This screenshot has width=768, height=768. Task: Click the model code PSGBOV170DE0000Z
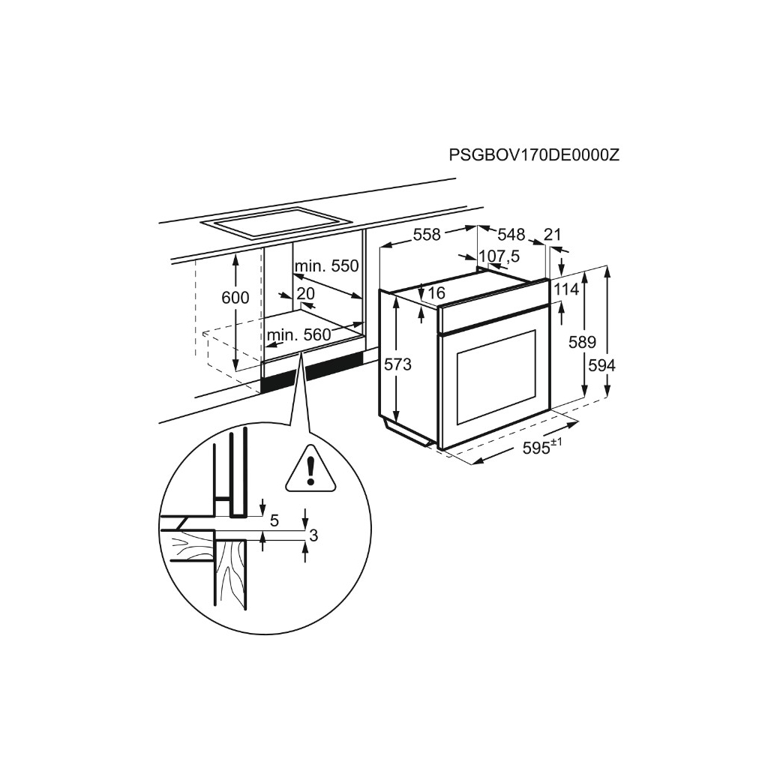point(533,155)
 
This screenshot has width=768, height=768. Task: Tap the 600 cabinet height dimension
point(235,298)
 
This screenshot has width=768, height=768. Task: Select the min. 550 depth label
point(326,265)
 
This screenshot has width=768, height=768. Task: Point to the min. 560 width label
point(298,335)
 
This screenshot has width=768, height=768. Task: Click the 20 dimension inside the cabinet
point(305,293)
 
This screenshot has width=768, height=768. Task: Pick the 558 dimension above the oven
point(427,235)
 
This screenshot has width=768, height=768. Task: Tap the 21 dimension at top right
point(552,235)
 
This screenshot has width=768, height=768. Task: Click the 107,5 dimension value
point(499,256)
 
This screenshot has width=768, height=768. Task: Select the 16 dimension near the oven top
point(436,292)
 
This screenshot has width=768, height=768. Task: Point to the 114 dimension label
point(567,289)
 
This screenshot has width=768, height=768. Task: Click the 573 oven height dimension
point(398,364)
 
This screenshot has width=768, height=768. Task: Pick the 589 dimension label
point(582,343)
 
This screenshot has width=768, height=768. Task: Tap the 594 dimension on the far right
point(601,365)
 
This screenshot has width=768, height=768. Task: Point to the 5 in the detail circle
point(274,519)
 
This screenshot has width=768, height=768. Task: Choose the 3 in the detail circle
point(313,535)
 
